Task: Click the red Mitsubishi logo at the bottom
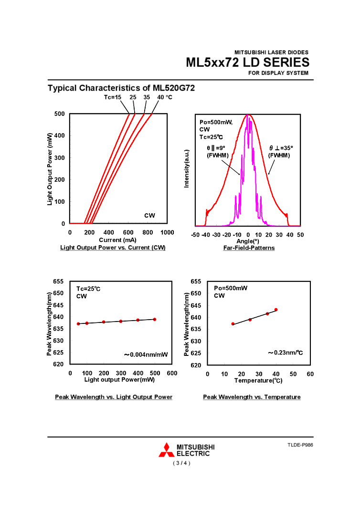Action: tap(167, 450)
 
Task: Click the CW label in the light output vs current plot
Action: tap(149, 216)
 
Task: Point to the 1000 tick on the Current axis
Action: tap(167, 232)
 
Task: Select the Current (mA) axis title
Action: tap(118, 239)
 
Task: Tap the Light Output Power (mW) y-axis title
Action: tap(50, 169)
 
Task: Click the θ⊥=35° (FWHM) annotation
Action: tap(280, 152)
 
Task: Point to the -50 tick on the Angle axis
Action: tap(195, 235)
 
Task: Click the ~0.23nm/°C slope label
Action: tap(285, 353)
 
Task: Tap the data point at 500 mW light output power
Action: tap(155, 319)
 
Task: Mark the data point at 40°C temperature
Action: tap(276, 310)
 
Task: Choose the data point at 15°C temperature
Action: tap(233, 324)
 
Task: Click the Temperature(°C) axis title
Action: tap(258, 381)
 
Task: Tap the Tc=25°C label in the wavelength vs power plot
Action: tap(88, 289)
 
